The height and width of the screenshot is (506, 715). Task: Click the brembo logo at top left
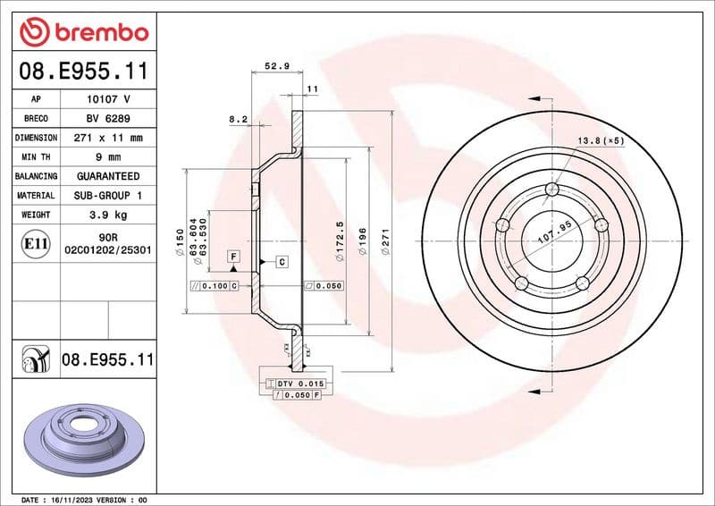pos(83,31)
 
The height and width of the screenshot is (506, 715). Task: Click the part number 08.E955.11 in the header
pos(83,70)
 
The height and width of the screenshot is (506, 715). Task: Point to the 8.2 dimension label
pos(238,118)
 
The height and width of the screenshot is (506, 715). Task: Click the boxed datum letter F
pos(233,257)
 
